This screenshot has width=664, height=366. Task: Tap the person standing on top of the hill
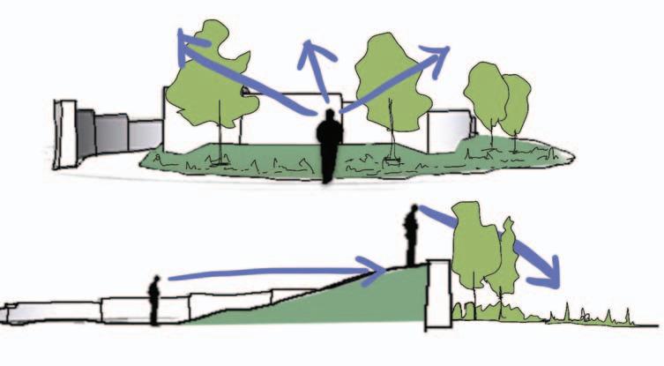[411, 234]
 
